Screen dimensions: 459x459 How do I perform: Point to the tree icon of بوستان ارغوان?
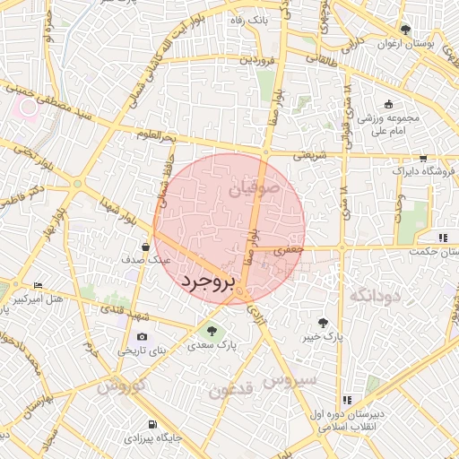[x=406, y=30]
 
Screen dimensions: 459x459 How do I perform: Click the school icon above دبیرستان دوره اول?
[x=346, y=400]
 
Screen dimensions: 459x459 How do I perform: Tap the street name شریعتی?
[x=302, y=155]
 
